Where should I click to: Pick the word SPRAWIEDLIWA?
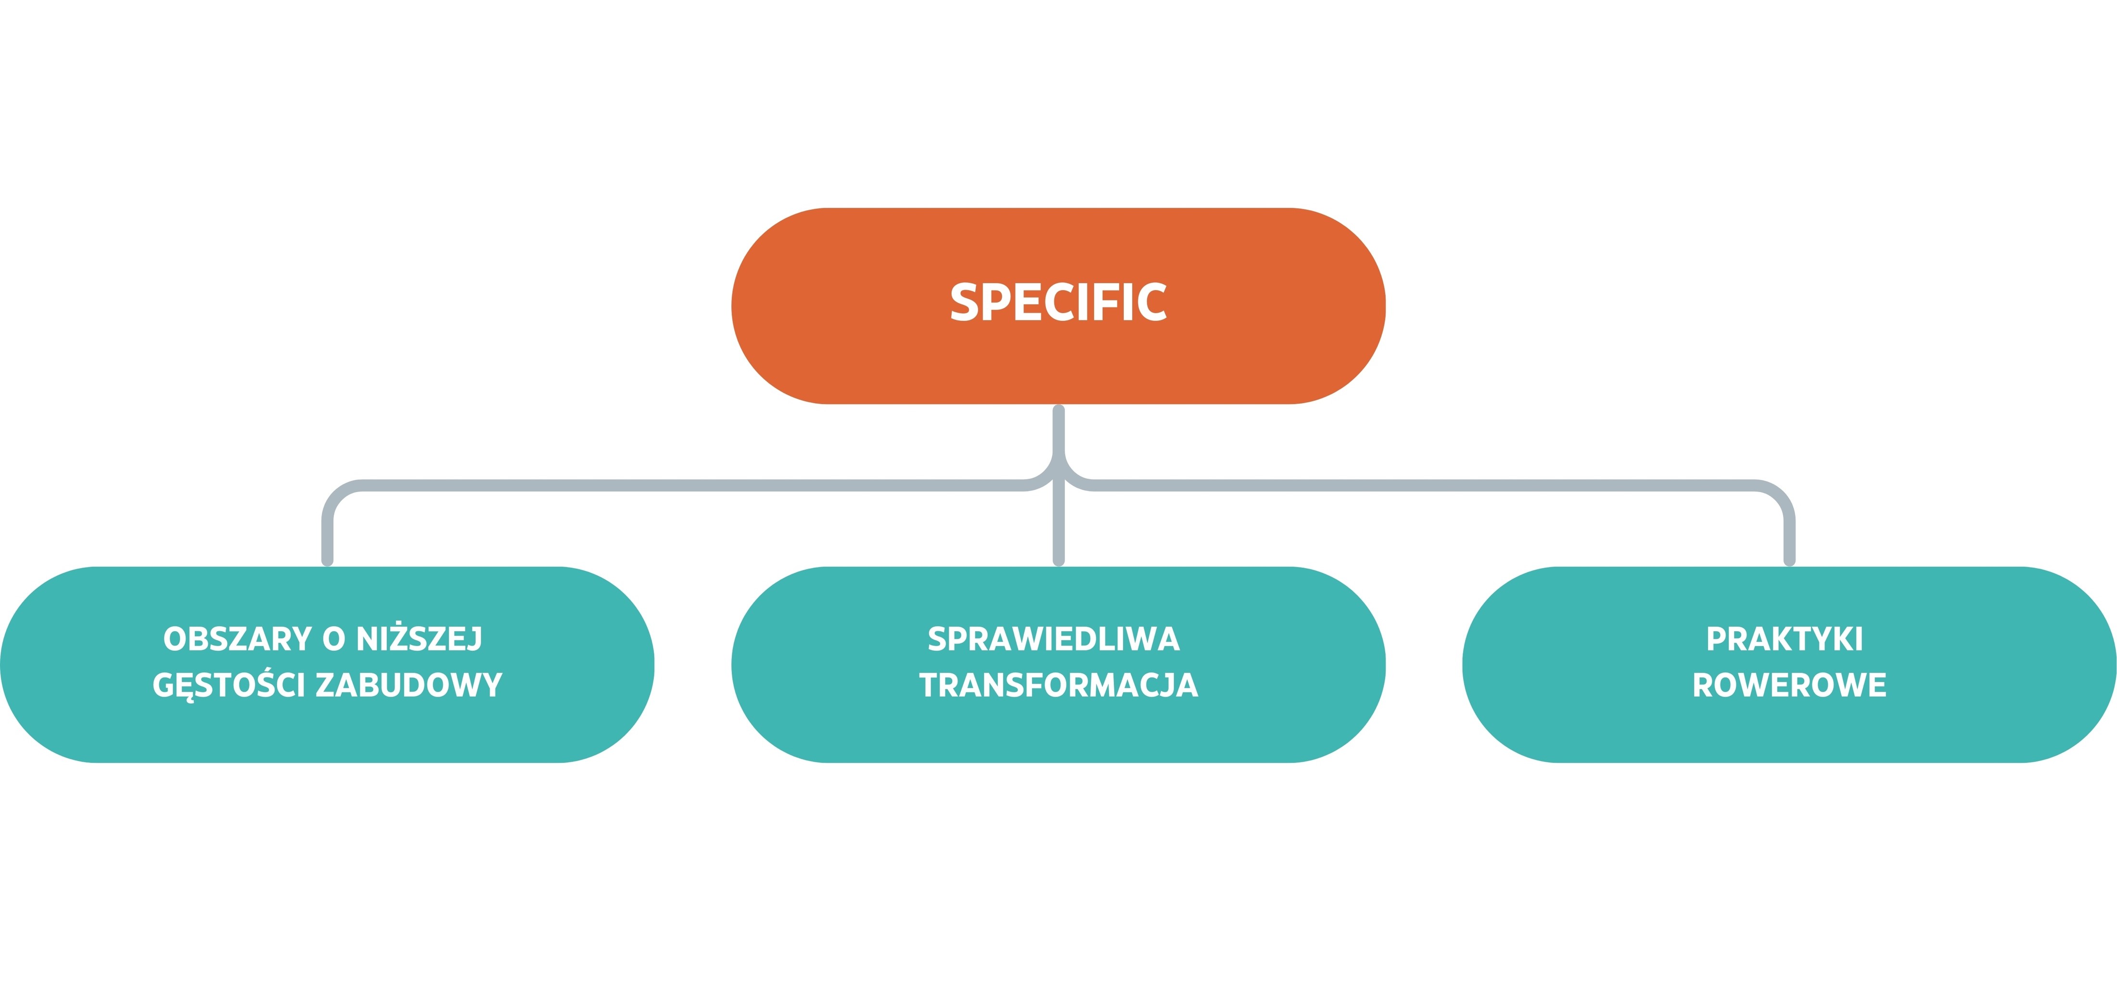click(x=1054, y=639)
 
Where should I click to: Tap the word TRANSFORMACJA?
click(x=1058, y=685)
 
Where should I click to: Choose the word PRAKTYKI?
click(x=1784, y=639)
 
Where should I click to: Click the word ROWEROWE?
click(x=1789, y=685)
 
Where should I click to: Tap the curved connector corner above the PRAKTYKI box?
click(x=1778, y=496)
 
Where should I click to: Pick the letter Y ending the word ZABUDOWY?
click(x=491, y=685)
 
